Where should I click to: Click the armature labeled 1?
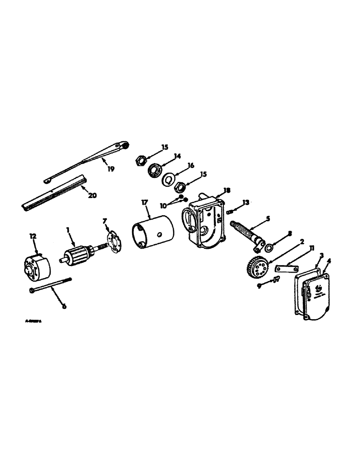pyautogui.click(x=76, y=254)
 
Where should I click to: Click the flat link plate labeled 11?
pyautogui.click(x=285, y=269)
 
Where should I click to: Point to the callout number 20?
pyautogui.click(x=92, y=195)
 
